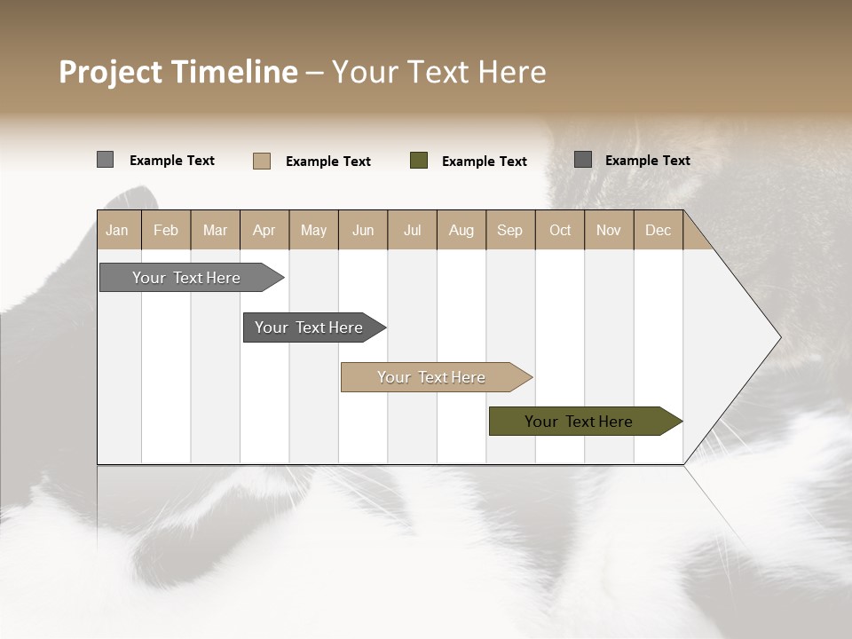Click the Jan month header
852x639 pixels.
click(x=117, y=230)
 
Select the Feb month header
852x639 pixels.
click(x=166, y=230)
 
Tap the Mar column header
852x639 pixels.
click(x=215, y=230)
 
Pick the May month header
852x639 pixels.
click(x=313, y=230)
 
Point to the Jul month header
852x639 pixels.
click(x=412, y=230)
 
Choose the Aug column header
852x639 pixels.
click(x=461, y=230)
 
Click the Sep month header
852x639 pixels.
click(x=509, y=230)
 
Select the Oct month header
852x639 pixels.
click(x=560, y=230)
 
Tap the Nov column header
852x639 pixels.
click(x=608, y=230)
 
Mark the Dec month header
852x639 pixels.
click(x=658, y=230)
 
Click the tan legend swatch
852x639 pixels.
click(x=262, y=161)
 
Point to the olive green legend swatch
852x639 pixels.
click(x=419, y=161)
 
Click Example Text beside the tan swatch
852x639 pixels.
click(x=327, y=162)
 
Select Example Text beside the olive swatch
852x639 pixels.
click(x=484, y=162)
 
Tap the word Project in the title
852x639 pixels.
click(x=111, y=72)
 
